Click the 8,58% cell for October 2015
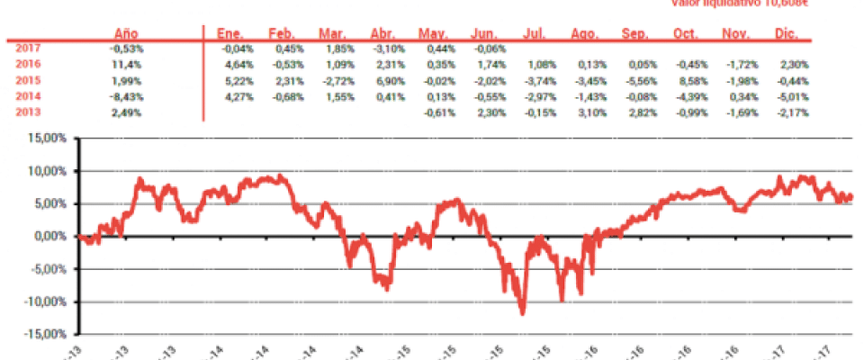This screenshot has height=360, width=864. pyautogui.click(x=688, y=80)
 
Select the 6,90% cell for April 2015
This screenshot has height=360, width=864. pyautogui.click(x=388, y=80)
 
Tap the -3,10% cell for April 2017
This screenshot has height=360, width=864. pyautogui.click(x=388, y=48)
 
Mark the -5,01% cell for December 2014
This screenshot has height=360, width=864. pyautogui.click(x=794, y=96)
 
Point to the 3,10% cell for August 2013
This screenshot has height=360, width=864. pyautogui.click(x=588, y=112)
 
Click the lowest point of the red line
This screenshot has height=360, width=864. pyautogui.click(x=523, y=313)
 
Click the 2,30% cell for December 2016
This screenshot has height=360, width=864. pyautogui.click(x=794, y=64)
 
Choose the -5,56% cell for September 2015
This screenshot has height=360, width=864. pyautogui.click(x=638, y=80)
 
